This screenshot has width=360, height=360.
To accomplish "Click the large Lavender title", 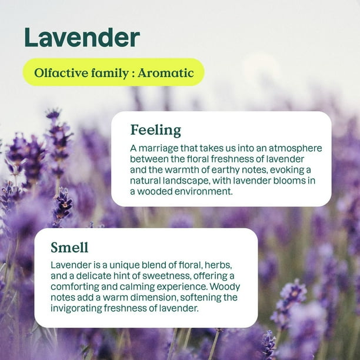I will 82,38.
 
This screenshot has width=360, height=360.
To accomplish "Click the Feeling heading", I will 155,130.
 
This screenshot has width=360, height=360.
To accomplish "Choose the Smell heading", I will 69,247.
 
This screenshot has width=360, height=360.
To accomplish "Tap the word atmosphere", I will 292,148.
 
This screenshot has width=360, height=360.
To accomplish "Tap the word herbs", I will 226,265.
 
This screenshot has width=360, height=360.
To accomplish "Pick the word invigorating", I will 78,308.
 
